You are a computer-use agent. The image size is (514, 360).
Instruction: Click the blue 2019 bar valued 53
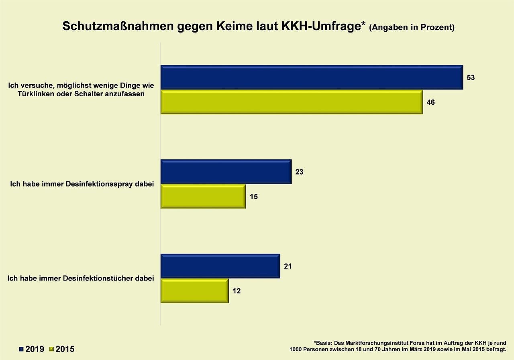pos(312,77)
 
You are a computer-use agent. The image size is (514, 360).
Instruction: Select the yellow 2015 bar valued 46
pos(292,102)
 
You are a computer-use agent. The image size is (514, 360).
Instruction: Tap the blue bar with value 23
pos(226,172)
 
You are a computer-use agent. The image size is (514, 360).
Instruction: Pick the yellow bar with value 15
pos(203,197)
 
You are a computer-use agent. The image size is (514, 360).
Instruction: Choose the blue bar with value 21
pos(220,266)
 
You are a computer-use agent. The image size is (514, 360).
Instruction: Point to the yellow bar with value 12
pos(194,291)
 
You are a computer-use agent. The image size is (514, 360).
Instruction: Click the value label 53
pos(471,77)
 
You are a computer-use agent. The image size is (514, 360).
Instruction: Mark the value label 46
pos(430,102)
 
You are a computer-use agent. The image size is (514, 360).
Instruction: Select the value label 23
pos(299,172)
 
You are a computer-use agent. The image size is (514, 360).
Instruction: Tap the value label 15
pos(253,197)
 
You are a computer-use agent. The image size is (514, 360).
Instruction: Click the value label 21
pos(288,266)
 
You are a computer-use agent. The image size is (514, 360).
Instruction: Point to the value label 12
pos(237,291)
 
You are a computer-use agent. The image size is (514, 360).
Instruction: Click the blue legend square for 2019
pos(21,349)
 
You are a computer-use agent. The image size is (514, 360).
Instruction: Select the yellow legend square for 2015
pos(51,349)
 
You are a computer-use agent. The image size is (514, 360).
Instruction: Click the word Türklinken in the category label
pos(36,94)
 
